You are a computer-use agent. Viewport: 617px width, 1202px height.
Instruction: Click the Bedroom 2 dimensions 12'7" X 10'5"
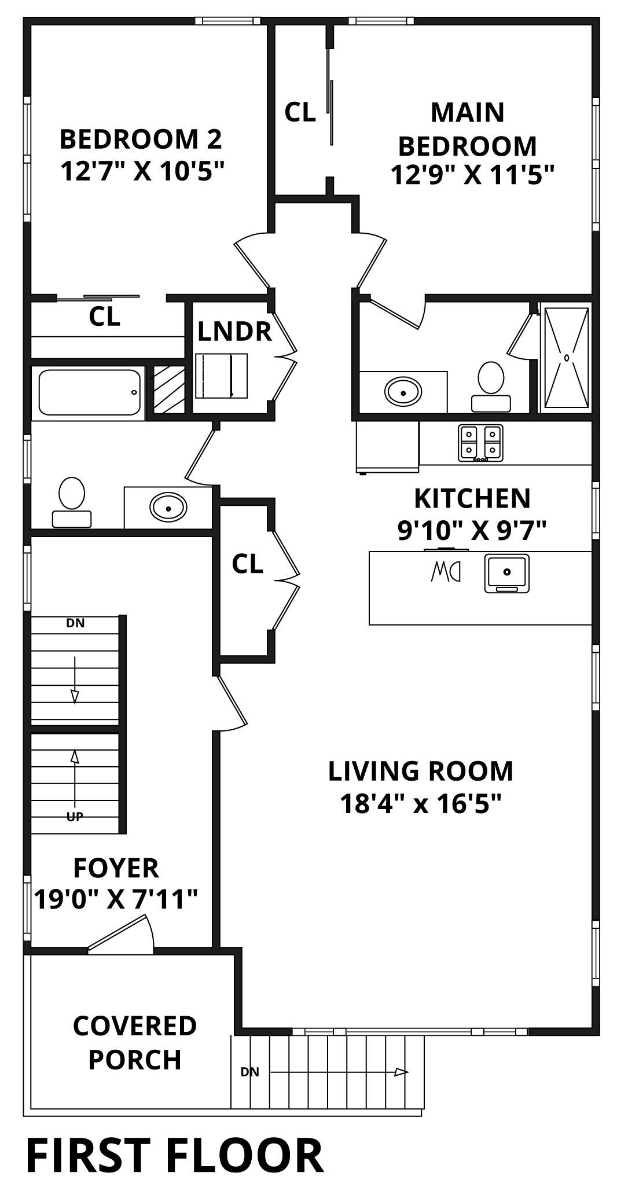(141, 171)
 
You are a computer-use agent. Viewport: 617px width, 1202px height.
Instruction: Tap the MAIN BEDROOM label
(467, 129)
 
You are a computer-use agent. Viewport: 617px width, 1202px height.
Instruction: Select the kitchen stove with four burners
(480, 443)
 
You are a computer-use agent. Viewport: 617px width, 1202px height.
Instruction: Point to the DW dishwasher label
(446, 572)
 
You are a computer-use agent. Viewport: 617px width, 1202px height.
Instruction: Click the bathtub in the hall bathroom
(90, 392)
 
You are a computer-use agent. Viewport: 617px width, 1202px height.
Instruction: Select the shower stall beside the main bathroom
(565, 357)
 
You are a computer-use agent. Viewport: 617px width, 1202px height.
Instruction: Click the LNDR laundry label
(234, 332)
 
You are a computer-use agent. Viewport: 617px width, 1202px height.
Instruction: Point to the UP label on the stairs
(75, 817)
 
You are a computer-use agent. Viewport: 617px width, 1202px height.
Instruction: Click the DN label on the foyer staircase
(75, 623)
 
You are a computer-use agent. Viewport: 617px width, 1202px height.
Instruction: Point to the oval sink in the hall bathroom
(168, 508)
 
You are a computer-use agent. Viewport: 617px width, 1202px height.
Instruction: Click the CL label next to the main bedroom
(300, 112)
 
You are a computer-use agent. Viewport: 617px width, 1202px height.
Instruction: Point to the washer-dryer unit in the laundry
(222, 376)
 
